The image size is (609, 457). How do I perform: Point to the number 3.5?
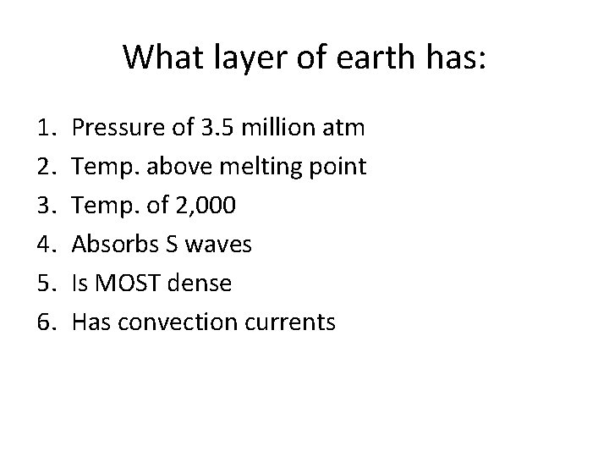(x=218, y=128)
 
